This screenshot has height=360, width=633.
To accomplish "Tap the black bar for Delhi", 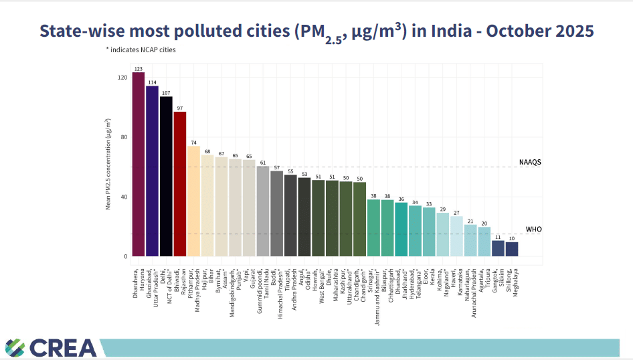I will coord(166,177).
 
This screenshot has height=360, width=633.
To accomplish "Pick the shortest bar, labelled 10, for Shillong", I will coord(512,249).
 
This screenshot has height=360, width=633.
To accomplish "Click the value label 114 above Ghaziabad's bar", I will coord(153,82).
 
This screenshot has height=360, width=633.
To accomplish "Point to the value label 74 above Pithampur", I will coord(193,143).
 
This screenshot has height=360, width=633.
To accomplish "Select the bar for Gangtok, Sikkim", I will coord(498,248).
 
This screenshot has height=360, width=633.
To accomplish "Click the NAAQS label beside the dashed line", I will coord(530,163).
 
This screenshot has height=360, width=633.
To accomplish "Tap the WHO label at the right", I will coord(533,230).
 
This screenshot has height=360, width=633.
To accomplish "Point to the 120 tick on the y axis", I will coord(122,78).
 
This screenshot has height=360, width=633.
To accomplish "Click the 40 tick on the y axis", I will coord(124,197).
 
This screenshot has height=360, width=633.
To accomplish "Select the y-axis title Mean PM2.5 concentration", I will coord(108,164).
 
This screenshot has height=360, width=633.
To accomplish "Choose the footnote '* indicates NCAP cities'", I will coord(141,50).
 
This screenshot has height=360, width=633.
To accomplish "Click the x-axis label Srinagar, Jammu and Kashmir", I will coord(375,288).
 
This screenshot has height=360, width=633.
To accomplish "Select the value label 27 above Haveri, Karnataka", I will coord(456,213).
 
